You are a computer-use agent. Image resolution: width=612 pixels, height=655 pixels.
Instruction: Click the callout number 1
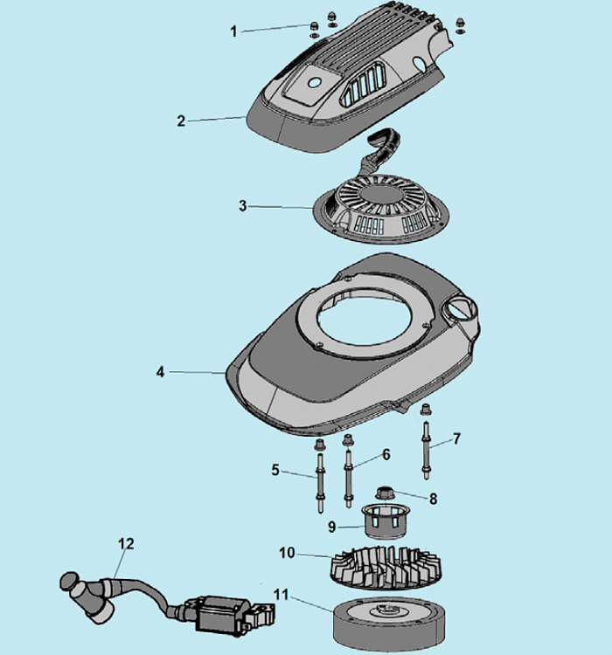(233, 31)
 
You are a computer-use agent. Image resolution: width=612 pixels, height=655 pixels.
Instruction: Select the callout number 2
(181, 121)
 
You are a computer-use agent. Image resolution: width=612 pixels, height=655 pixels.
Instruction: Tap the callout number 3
(243, 206)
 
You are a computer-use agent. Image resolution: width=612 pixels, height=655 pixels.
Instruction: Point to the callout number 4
(161, 372)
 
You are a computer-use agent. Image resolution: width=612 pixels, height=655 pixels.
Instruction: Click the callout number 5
(275, 470)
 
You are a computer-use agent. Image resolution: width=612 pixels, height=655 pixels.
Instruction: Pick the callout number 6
(386, 454)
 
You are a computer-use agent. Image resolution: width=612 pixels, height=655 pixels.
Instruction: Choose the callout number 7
(456, 438)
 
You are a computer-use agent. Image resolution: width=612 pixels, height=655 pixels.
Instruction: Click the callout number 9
(331, 527)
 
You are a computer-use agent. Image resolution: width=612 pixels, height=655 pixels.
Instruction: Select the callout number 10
(288, 553)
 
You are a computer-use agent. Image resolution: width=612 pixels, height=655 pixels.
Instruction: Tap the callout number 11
(279, 595)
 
